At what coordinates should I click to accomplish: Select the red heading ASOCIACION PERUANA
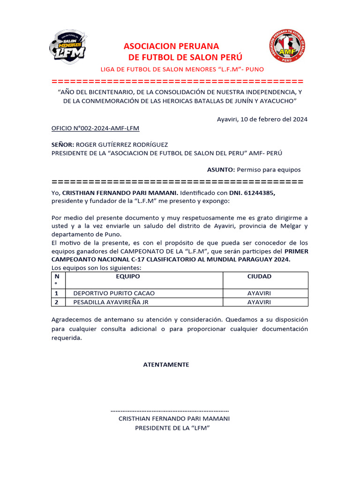pyautogui.click(x=171, y=46)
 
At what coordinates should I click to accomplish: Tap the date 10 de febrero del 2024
pyautogui.click(x=274, y=119)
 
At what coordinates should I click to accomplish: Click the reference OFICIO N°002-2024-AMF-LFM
pyautogui.click(x=95, y=128)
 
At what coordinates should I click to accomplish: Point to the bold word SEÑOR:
pyautogui.click(x=62, y=145)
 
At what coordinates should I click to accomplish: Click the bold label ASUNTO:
pyautogui.click(x=221, y=170)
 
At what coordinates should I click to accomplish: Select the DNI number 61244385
pyautogui.click(x=258, y=193)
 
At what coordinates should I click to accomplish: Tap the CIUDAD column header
pyautogui.click(x=259, y=277)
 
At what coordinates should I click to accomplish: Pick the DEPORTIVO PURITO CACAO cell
pyautogui.click(x=114, y=293)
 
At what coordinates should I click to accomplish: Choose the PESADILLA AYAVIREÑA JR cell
pyautogui.click(x=114, y=302)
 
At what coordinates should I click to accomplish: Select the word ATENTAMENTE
pyautogui.click(x=166, y=364)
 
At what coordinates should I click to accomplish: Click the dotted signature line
pyautogui.click(x=169, y=410)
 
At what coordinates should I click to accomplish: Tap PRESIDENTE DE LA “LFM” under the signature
pyautogui.click(x=172, y=427)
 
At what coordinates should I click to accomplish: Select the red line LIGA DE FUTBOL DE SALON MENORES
pyautogui.click(x=182, y=69)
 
